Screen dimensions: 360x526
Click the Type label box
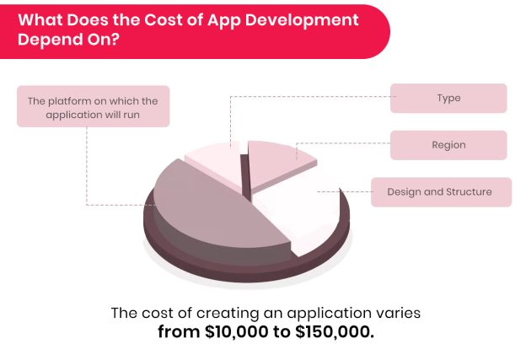(448, 98)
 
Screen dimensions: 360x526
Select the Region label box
(448, 145)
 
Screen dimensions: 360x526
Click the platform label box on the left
(93, 105)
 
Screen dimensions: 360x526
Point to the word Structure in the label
(468, 192)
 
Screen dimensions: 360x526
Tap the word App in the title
(214, 19)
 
